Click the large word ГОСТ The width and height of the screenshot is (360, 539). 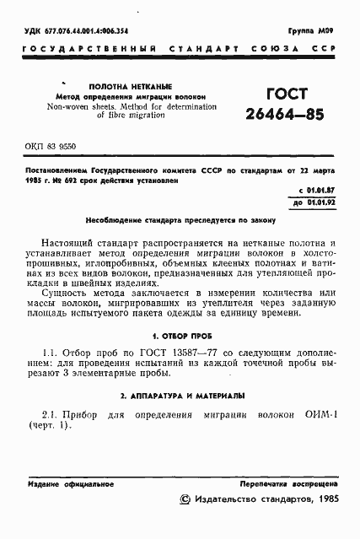pos(286,94)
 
